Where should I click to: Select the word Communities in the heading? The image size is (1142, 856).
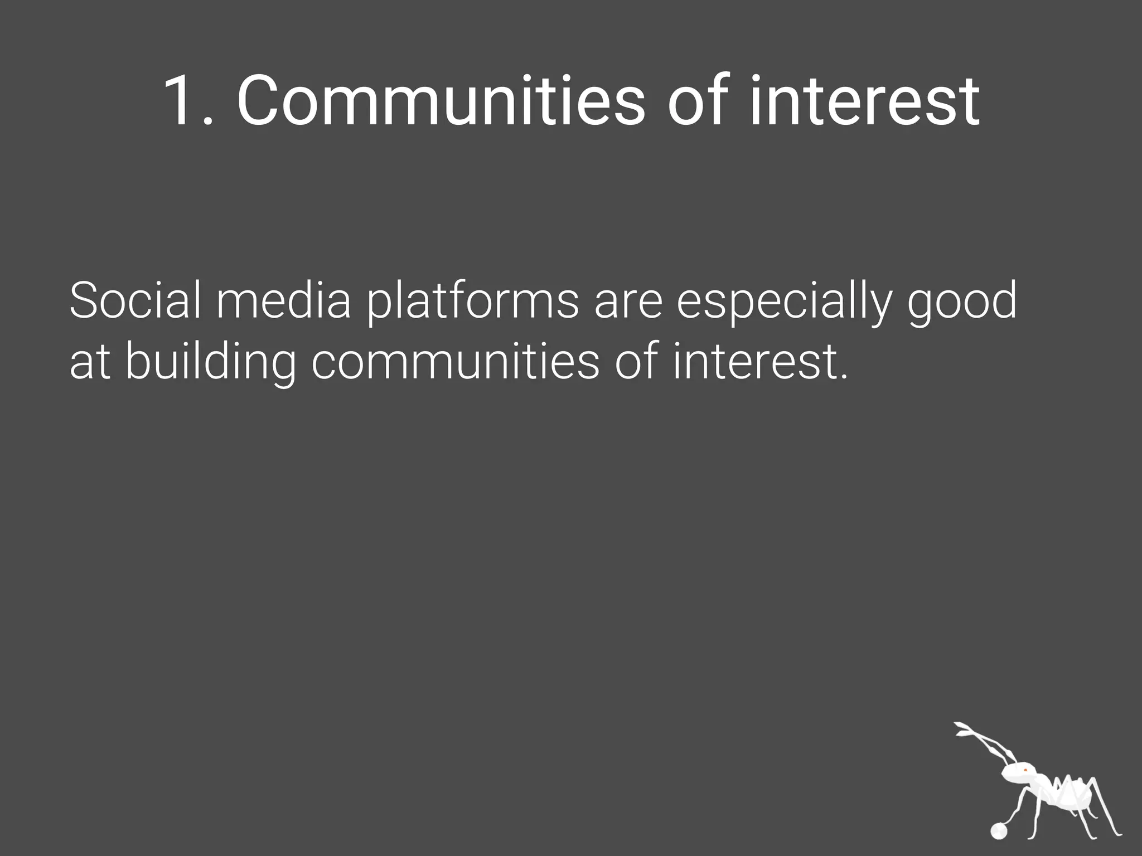pos(441,101)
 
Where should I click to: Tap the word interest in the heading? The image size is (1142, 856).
pos(864,101)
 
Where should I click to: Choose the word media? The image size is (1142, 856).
pos(283,301)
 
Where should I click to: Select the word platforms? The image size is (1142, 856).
pos(473,304)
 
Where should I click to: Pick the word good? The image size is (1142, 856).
pos(962,304)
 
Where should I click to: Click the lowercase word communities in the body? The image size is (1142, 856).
pos(455,362)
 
